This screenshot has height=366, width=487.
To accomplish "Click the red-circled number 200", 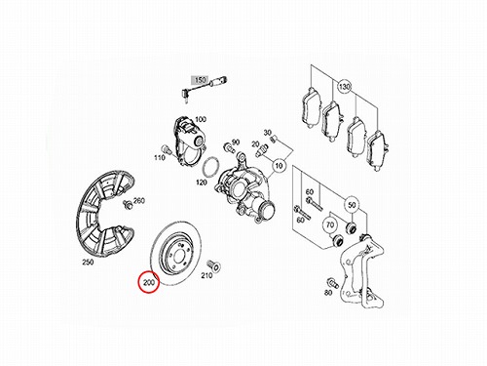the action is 149,282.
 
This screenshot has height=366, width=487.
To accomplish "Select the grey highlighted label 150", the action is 201,80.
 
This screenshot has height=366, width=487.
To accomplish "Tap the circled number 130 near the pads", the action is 344,87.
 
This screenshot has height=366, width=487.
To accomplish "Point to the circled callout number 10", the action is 279,166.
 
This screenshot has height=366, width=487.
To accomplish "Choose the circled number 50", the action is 352,205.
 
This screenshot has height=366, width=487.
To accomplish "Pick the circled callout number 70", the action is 330,224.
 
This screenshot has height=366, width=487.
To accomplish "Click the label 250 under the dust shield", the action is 88,262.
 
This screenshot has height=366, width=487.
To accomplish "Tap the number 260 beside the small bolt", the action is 139,200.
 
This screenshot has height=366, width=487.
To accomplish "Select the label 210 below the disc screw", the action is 206,276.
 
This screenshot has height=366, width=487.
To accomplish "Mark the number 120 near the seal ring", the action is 202,183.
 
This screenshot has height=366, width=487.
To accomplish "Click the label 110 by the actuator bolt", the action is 160,158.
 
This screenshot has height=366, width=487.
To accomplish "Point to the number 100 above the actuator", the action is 201,119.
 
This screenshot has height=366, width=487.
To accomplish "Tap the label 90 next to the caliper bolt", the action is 236,142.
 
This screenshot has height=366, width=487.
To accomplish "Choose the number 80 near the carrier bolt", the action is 328,293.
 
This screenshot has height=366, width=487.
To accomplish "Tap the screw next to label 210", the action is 213,265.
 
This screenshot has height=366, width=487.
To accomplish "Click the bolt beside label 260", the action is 128,205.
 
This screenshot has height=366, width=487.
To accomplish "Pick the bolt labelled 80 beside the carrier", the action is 333,283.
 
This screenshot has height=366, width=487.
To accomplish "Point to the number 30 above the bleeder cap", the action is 267,133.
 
